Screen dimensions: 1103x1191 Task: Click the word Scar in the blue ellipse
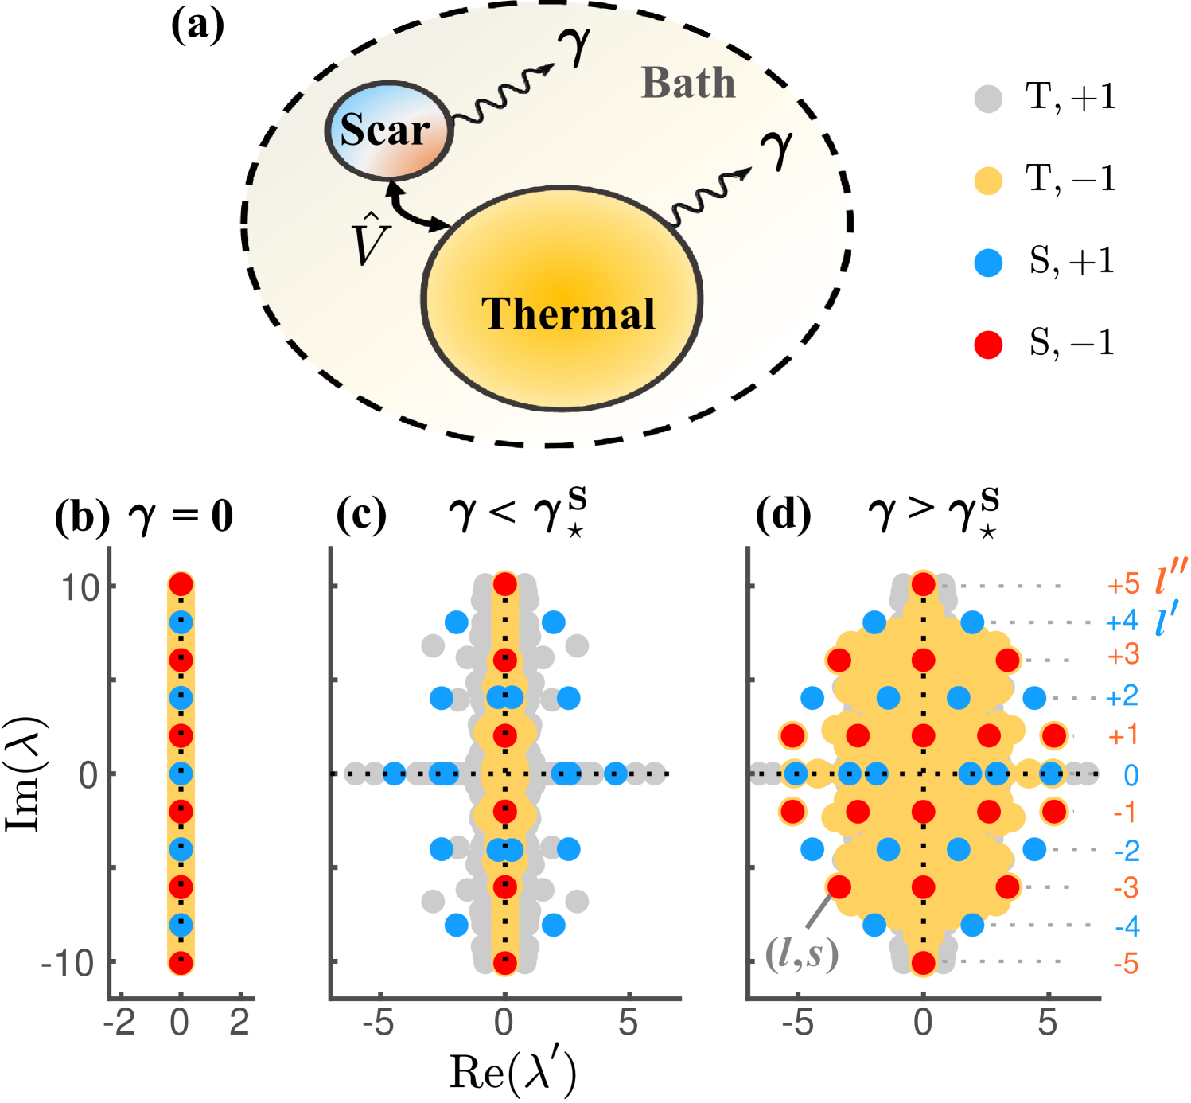385,130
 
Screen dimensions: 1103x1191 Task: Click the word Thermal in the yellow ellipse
568,314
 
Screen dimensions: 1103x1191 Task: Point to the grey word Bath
688,84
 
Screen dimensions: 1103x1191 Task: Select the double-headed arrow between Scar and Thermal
415,208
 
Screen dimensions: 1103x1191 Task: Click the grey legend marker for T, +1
988,98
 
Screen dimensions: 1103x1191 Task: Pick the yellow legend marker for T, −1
988,181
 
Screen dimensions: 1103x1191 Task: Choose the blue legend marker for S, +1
988,263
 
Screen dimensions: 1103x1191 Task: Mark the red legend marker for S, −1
988,345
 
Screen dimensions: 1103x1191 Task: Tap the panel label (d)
783,515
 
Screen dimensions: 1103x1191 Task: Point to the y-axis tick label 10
80,587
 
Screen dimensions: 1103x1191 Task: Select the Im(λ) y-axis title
26,774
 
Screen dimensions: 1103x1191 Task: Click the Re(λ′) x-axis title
512,1072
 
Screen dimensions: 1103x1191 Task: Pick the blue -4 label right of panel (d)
1127,926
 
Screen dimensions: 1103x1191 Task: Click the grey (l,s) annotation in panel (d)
801,953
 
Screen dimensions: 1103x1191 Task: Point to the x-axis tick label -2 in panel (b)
119,1023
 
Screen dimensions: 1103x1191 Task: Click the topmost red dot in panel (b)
181,584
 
